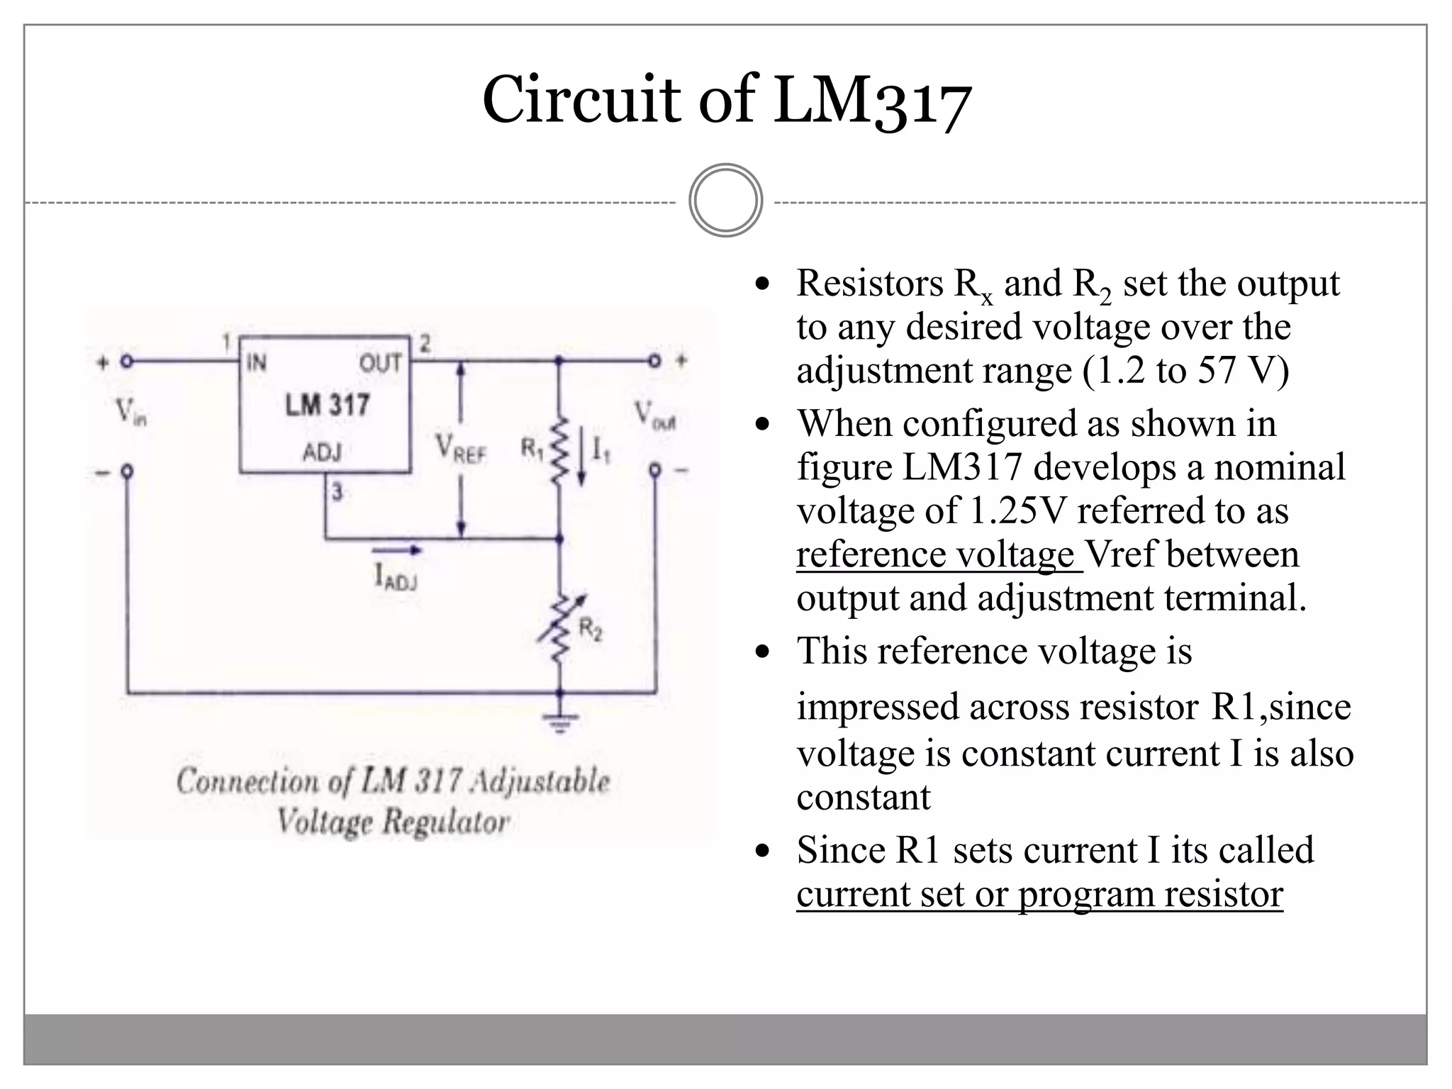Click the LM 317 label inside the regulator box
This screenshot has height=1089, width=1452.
click(327, 406)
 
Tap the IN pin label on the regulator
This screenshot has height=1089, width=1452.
click(256, 363)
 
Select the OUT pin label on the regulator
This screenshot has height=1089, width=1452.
click(380, 363)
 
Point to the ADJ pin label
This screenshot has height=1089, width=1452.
click(323, 452)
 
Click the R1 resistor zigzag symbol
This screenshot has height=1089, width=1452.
click(559, 450)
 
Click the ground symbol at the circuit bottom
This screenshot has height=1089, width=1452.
click(560, 720)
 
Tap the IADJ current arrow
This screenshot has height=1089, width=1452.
click(396, 550)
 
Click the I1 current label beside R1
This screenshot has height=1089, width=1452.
click(600, 449)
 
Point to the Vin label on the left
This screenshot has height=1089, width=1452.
click(130, 412)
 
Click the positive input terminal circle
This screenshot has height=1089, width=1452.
click(126, 362)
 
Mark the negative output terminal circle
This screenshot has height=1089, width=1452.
click(655, 470)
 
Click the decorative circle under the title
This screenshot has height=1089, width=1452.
click(725, 201)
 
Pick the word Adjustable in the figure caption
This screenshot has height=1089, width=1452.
click(539, 781)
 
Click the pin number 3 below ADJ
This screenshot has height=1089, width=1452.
click(337, 491)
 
